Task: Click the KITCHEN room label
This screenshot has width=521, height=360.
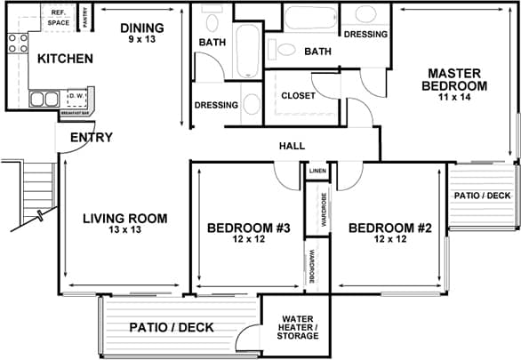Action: [65, 59]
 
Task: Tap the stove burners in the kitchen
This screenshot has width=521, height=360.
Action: [17, 44]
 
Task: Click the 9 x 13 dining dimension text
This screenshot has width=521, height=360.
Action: [141, 39]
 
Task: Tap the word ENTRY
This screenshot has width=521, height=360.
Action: [91, 137]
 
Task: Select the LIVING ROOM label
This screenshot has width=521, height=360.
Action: [124, 218]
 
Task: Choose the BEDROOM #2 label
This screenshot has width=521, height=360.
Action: [389, 228]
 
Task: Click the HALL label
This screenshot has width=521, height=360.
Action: [292, 146]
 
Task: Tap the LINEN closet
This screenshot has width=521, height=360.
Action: [317, 170]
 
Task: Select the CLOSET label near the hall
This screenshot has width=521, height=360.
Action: [298, 96]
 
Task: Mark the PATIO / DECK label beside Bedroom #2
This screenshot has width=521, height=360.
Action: [483, 195]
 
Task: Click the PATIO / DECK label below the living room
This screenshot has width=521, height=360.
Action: [172, 327]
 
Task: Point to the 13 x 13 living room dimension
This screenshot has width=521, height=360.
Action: [124, 229]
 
